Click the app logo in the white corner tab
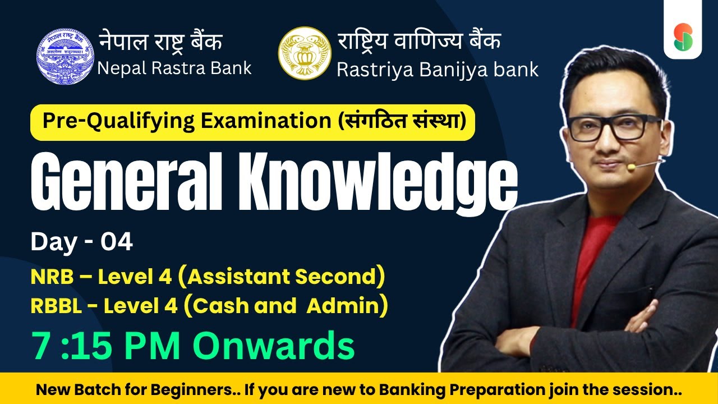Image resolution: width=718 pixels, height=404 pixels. click(x=683, y=36)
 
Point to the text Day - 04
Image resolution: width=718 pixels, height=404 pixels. click(x=82, y=242)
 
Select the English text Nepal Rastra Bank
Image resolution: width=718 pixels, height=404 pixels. click(x=174, y=68)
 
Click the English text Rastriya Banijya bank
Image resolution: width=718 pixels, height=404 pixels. click(x=438, y=70)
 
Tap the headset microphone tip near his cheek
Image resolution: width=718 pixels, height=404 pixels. click(x=630, y=167)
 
